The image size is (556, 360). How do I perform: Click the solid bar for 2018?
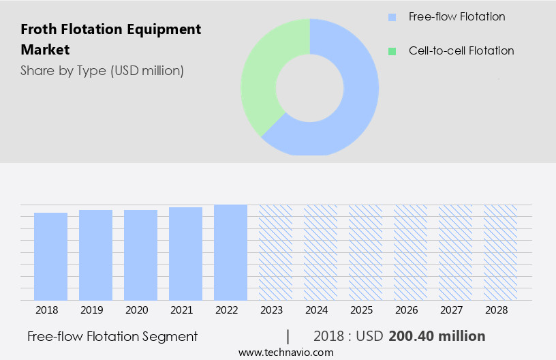50,256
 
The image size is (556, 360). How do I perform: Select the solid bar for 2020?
140,255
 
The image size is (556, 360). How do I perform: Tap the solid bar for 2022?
230,252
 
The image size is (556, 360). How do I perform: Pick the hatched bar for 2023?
275,252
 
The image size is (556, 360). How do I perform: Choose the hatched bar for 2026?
410,252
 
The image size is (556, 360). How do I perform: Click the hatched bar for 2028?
500,252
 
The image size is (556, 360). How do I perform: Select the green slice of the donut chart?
262,75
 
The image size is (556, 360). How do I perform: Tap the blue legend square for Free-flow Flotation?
391,17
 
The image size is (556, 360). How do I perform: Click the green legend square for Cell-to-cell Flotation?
391,51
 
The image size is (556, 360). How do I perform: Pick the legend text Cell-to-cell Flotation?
461,51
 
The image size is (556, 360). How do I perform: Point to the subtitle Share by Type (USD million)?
102,70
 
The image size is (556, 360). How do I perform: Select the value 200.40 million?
437,336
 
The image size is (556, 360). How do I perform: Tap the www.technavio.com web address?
285,352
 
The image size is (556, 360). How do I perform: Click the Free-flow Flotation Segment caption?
112,336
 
